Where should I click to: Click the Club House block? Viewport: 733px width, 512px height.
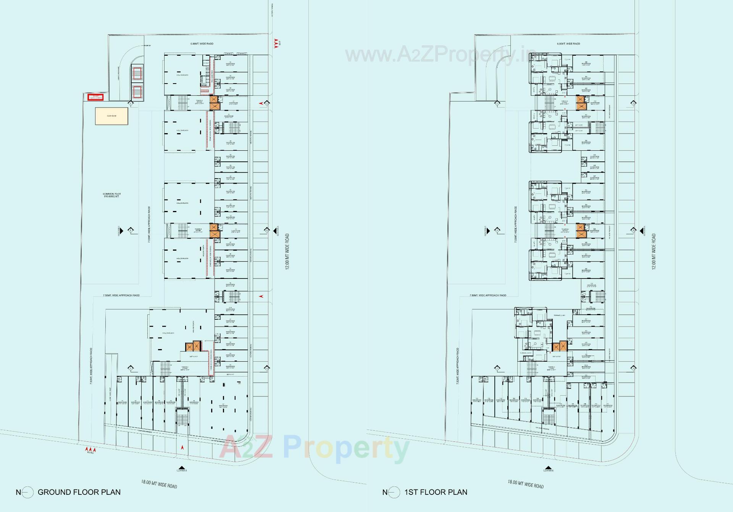click(111, 116)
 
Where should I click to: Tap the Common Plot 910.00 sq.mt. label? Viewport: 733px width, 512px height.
click(111, 195)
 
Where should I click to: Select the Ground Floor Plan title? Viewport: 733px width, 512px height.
click(79, 492)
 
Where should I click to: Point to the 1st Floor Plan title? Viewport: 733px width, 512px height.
click(436, 492)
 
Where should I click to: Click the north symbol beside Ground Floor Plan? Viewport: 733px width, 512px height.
click(27, 493)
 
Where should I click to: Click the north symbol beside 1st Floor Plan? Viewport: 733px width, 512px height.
click(393, 493)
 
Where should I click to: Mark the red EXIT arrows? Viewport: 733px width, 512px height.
click(276, 43)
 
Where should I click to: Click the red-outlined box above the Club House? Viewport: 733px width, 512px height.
click(95, 97)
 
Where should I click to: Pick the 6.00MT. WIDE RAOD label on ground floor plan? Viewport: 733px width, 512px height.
click(202, 44)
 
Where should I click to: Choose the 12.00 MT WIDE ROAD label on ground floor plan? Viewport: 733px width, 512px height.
click(287, 252)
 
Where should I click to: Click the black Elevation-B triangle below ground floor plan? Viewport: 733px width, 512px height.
click(182, 467)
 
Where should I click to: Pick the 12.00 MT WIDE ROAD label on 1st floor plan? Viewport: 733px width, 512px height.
click(654, 252)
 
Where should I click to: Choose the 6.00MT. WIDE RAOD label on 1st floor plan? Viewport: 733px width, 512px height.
click(568, 44)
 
